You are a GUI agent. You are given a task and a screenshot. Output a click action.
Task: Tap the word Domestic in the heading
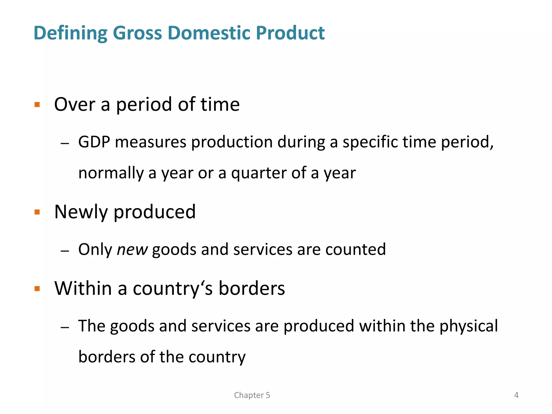click(x=209, y=33)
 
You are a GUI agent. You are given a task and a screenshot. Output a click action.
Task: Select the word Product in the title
click(x=290, y=33)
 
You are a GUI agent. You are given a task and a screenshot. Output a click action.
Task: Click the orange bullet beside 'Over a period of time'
click(x=37, y=105)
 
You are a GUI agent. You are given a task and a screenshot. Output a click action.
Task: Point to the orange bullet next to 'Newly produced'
click(x=37, y=212)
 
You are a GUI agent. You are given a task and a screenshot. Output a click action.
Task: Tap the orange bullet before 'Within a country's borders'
click(x=37, y=289)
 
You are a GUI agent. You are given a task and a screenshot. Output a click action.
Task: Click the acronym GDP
click(x=94, y=142)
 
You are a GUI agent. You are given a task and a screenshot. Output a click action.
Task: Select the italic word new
click(x=132, y=250)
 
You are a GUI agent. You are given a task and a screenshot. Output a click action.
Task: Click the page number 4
click(x=516, y=395)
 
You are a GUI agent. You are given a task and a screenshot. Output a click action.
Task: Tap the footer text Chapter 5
click(x=252, y=395)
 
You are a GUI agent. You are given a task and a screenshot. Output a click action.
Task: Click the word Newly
click(x=81, y=212)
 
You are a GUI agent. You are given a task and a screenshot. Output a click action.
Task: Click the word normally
click(x=111, y=173)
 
